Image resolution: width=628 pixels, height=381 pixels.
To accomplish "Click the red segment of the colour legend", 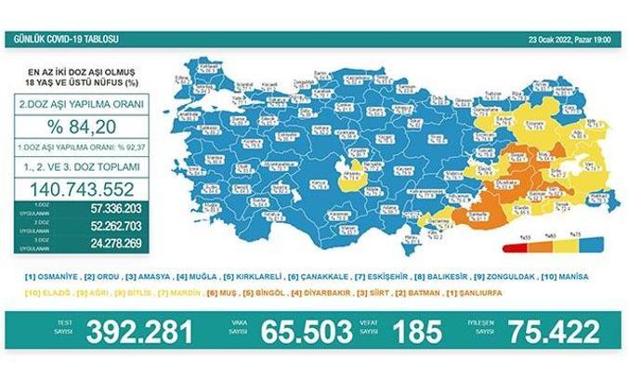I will coord(510,249).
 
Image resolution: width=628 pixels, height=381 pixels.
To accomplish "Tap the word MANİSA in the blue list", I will coord(588,277).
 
